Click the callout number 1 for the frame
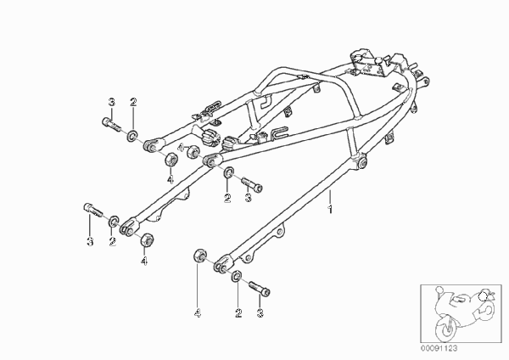pyautogui.click(x=330, y=209)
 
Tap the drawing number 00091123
pyautogui.click(x=439, y=348)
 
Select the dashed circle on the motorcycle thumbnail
pyautogui.click(x=484, y=296)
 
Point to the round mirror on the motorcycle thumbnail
pyautogui.click(x=439, y=289)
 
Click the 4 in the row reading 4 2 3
pyautogui.click(x=198, y=313)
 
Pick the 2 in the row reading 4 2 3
pyautogui.click(x=238, y=313)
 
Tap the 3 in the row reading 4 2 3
pyautogui.click(x=260, y=313)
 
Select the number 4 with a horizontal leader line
pyautogui.click(x=181, y=148)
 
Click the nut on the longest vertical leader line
pyautogui.click(x=199, y=255)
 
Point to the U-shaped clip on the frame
pyautogui.click(x=279, y=132)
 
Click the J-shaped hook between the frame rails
pyautogui.click(x=266, y=101)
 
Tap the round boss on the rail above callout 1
pyautogui.click(x=361, y=163)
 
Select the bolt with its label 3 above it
pyautogui.click(x=111, y=124)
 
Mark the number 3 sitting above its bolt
pyautogui.click(x=111, y=102)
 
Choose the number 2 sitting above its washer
pyautogui.click(x=133, y=102)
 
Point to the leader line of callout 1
pyautogui.click(x=330, y=197)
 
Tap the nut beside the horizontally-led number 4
pyautogui.click(x=193, y=152)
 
